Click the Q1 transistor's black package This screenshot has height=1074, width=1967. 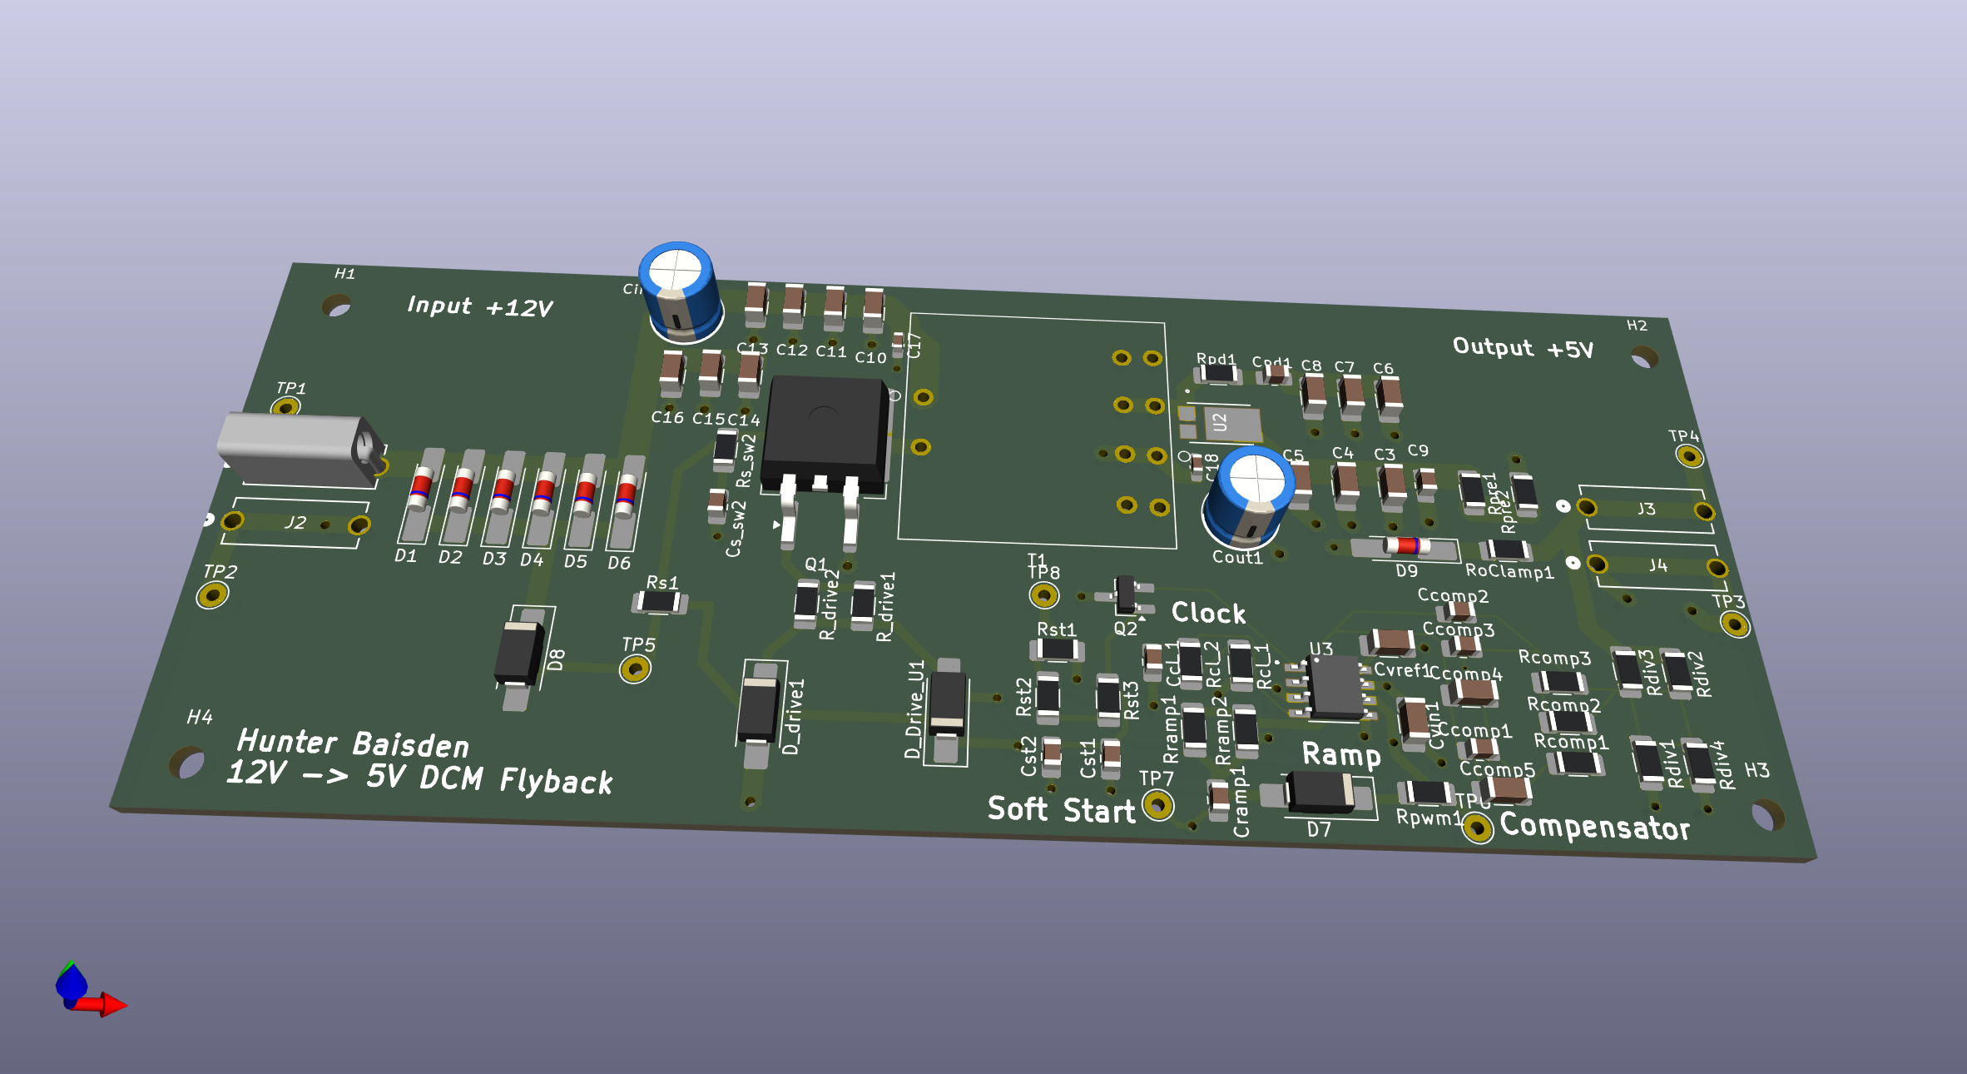click(x=824, y=429)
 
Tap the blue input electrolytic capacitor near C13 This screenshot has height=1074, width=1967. click(x=681, y=291)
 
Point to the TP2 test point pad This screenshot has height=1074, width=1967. click(x=212, y=595)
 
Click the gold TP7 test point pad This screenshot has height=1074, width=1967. click(x=1157, y=805)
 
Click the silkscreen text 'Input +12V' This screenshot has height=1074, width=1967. click(x=479, y=307)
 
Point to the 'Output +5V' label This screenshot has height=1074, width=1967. click(x=1522, y=347)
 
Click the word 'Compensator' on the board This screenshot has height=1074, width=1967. click(x=1594, y=827)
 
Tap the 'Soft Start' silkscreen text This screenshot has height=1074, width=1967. click(x=1061, y=809)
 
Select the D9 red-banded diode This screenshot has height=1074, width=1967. click(x=1405, y=546)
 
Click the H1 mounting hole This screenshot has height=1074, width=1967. click(x=336, y=308)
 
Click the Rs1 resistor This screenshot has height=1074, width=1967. click(x=659, y=601)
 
